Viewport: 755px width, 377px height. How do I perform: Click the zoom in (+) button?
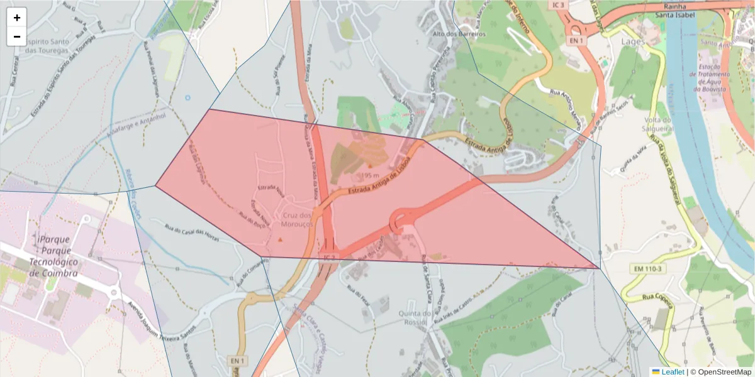(17, 18)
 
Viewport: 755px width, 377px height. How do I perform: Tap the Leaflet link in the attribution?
(672, 372)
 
